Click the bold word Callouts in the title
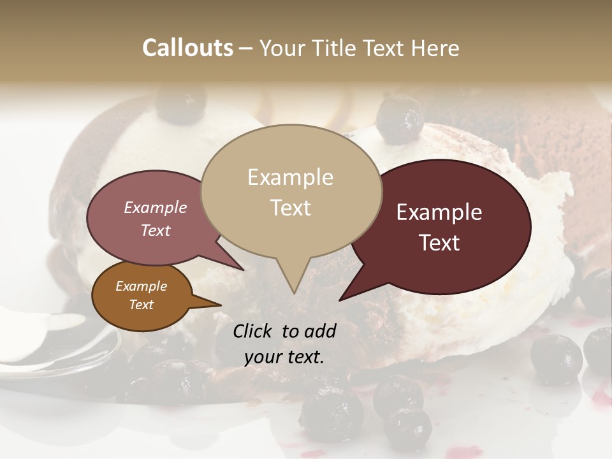[x=187, y=48]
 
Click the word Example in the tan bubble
[x=290, y=177]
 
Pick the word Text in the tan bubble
[x=290, y=207]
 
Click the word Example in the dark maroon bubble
[x=439, y=212]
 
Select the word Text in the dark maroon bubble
[x=439, y=243]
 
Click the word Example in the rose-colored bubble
[x=155, y=207]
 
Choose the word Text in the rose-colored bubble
[x=155, y=230]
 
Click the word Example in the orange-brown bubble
[x=141, y=286]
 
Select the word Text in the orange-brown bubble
[x=141, y=305]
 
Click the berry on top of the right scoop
[x=399, y=119]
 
